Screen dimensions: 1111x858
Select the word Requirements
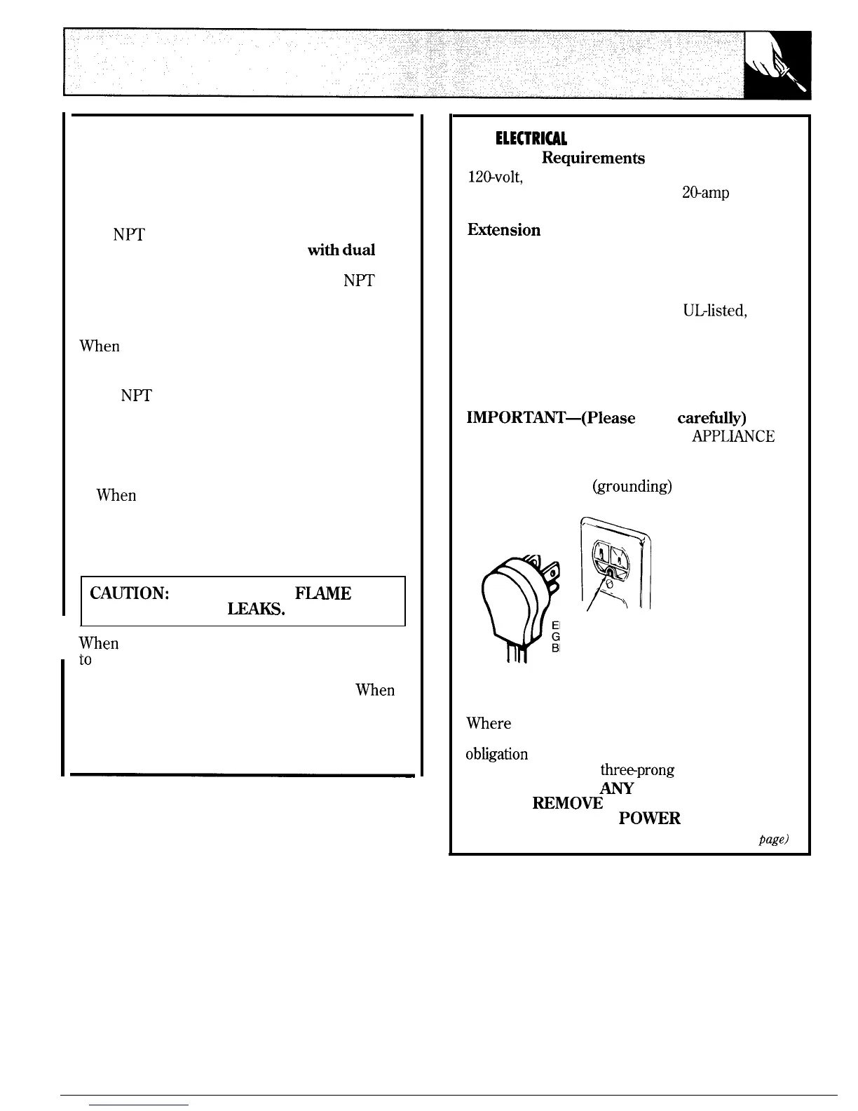pyautogui.click(x=593, y=158)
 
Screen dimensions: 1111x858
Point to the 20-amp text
pyautogui.click(x=704, y=192)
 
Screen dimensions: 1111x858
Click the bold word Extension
pyautogui.click(x=503, y=230)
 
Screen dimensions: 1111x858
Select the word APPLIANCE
pyautogui.click(x=733, y=436)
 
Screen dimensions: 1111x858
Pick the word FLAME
pyautogui.click(x=323, y=593)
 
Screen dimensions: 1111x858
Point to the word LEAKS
pyautogui.click(x=255, y=610)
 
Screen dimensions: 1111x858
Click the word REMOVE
pyautogui.click(x=567, y=803)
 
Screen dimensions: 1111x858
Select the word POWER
pyautogui.click(x=650, y=819)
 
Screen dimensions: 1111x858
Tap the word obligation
pyautogui.click(x=497, y=754)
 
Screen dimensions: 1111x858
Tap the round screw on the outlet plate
pyautogui.click(x=609, y=581)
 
